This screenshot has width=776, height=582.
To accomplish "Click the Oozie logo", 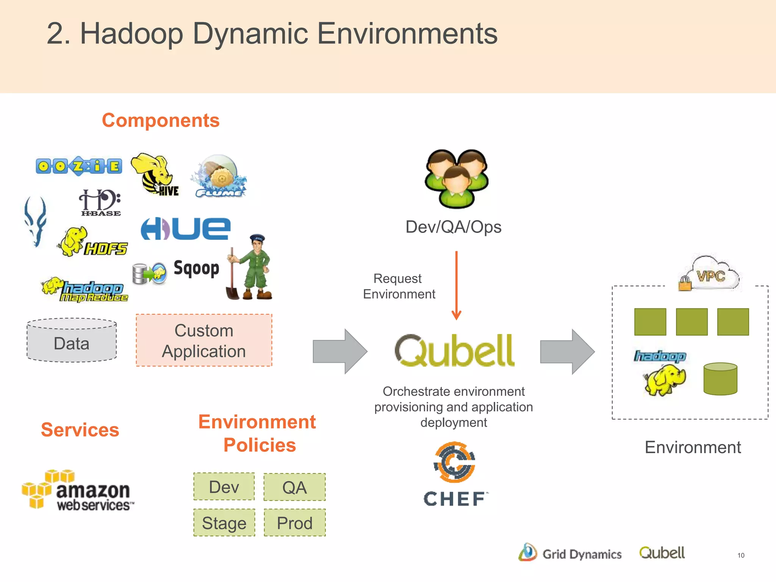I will pos(79,166).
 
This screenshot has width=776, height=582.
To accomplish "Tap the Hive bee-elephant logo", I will pos(155,174).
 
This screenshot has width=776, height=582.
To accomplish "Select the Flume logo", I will pos(219,177).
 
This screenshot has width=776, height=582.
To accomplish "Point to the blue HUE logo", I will pos(186,228).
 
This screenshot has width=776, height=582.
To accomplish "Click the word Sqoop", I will pos(196,269).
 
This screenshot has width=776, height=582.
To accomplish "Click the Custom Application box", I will pos(204,340).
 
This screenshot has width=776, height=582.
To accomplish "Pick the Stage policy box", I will pos(224,523).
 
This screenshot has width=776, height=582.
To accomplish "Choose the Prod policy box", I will pos(295,523).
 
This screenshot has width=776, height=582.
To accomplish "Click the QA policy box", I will pos(295,487).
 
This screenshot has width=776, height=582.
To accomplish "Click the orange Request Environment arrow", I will pos(457,285).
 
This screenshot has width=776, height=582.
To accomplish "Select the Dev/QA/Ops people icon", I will pos(456,178).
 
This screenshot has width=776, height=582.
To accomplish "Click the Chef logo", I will pos(455,474).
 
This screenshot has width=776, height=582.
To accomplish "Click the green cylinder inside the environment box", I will pos(720,379).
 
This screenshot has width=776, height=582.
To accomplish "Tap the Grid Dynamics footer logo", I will pos(570,553).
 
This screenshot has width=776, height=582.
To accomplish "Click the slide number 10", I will pos(741,555).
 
